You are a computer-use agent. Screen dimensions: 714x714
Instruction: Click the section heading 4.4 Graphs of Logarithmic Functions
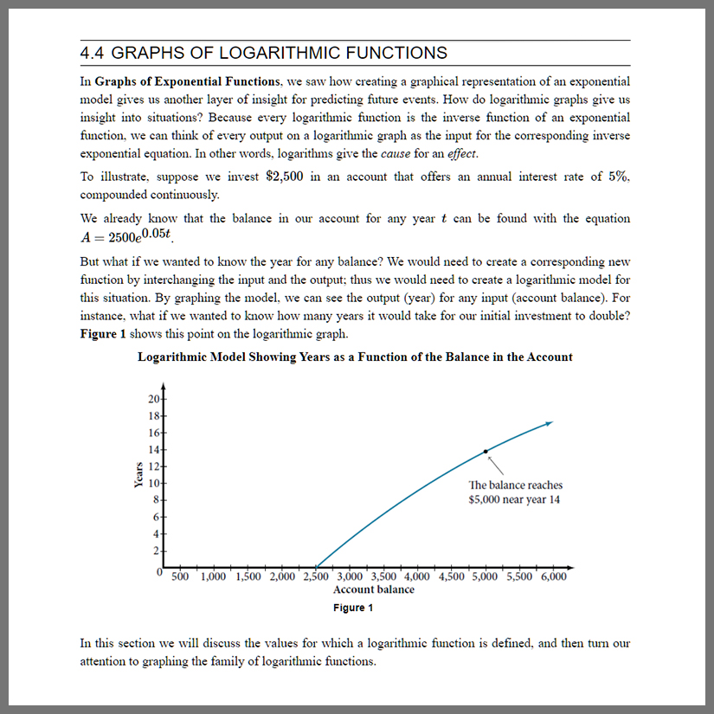point(263,53)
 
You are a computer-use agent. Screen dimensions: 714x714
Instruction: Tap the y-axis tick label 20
point(153,399)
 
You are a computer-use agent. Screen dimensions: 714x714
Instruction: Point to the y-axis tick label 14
point(153,449)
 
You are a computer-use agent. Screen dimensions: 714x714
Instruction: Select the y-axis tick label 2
point(156,550)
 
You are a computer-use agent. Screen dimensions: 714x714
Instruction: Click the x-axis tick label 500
point(182,576)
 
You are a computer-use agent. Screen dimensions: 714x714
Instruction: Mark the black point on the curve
point(486,451)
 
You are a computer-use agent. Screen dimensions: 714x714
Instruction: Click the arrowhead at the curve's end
point(549,423)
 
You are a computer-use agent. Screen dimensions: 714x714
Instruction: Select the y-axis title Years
point(138,475)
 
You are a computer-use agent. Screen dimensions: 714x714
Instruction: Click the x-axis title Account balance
point(374,589)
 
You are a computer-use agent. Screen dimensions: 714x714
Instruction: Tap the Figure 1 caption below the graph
point(353,608)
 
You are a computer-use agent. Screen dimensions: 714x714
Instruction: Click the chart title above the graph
point(355,357)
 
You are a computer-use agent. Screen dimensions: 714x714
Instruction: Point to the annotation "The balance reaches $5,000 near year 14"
point(514,492)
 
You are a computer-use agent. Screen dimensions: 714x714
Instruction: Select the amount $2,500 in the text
point(284,177)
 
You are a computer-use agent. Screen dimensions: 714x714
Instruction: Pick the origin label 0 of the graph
point(159,572)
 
